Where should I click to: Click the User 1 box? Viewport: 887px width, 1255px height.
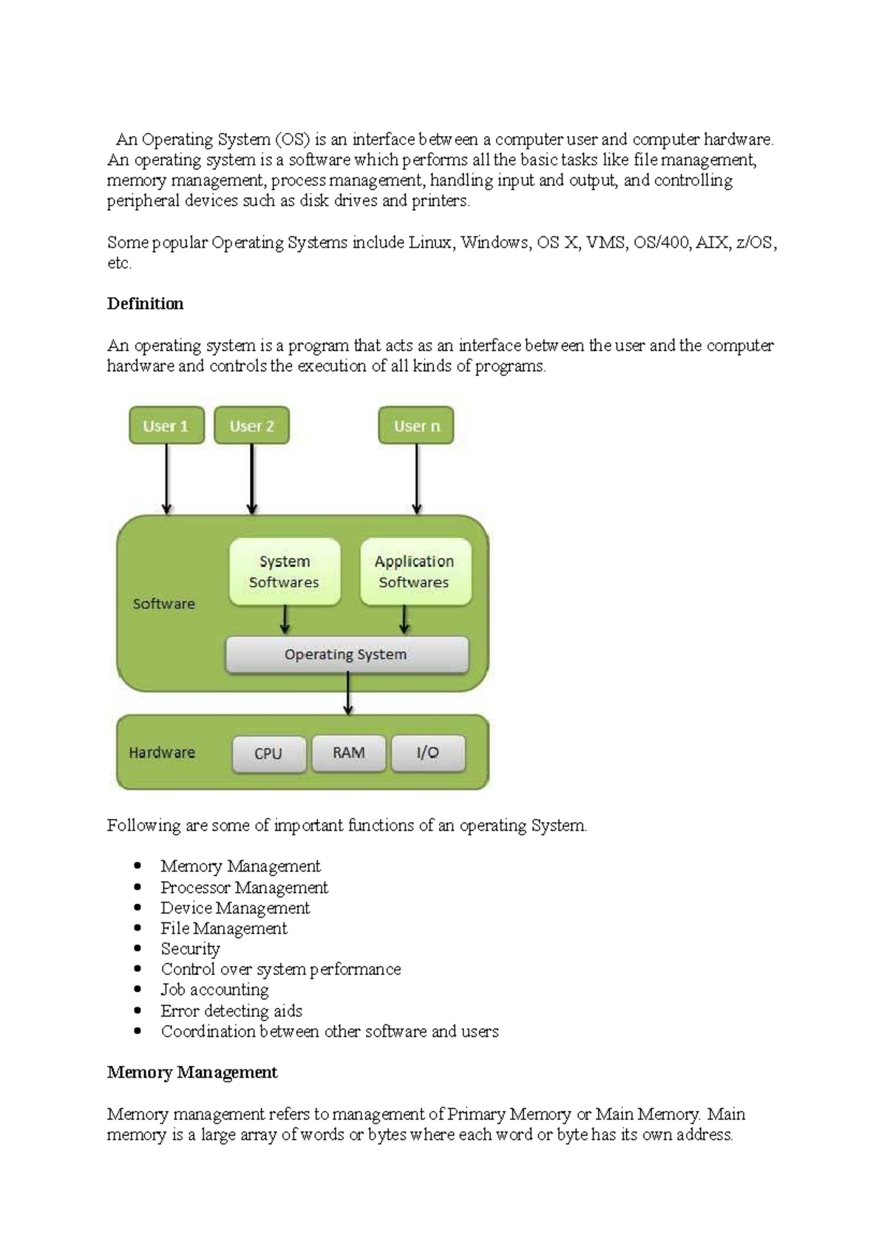coord(166,426)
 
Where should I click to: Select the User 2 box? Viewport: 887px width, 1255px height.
coord(251,426)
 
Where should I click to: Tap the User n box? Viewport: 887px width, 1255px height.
coord(416,426)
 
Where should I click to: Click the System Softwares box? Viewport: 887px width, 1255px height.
coord(285,572)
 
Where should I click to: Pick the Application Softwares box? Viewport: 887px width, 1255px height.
coord(415,572)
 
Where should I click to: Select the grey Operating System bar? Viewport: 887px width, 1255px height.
coord(346,655)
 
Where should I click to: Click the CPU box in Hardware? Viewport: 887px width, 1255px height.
coord(268,754)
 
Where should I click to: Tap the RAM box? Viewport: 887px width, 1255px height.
coord(348,753)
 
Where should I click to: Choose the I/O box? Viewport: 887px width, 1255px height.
coord(428,753)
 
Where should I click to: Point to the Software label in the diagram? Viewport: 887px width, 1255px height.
coord(164,604)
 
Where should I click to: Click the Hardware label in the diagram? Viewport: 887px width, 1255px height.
coord(162,752)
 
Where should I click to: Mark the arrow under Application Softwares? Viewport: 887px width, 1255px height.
coord(404,620)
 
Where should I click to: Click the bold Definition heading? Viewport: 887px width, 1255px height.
coord(146,304)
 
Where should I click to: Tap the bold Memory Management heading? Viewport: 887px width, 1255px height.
coord(192,1072)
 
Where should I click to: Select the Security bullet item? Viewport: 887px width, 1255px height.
coord(191,949)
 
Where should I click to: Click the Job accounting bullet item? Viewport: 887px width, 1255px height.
coord(215,990)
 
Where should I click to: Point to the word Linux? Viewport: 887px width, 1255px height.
coord(431,242)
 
